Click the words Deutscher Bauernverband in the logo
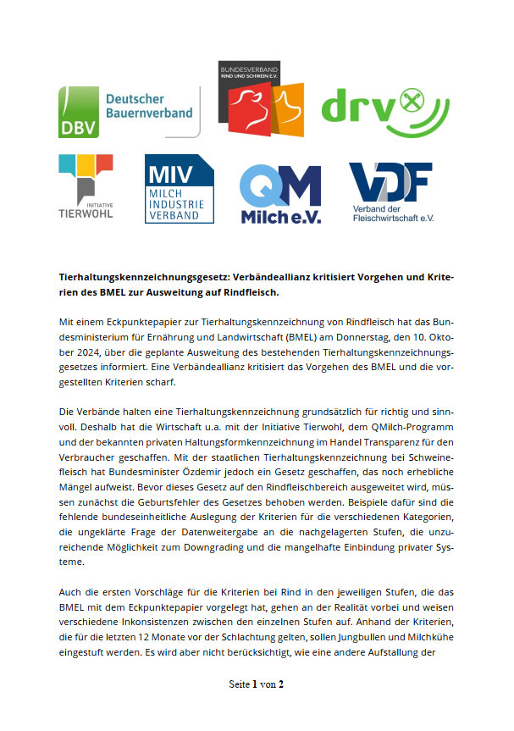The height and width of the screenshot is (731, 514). tap(148, 106)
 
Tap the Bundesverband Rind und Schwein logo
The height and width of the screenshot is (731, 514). tap(261, 99)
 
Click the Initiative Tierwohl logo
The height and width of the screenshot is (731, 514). tap(86, 186)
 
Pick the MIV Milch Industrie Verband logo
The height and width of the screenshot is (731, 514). tap(179, 188)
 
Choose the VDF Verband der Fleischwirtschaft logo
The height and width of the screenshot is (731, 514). tap(391, 191)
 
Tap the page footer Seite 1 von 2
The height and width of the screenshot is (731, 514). tap(257, 684)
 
